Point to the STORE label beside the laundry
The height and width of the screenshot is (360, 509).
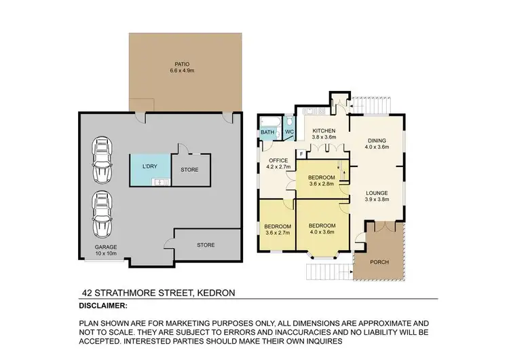[x=189, y=170]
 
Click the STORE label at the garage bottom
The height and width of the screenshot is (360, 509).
[x=206, y=245]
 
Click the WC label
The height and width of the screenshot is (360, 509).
[x=288, y=132]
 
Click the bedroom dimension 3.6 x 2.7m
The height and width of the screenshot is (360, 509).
[x=278, y=233]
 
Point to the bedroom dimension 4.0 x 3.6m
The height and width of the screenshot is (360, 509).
[x=322, y=233]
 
